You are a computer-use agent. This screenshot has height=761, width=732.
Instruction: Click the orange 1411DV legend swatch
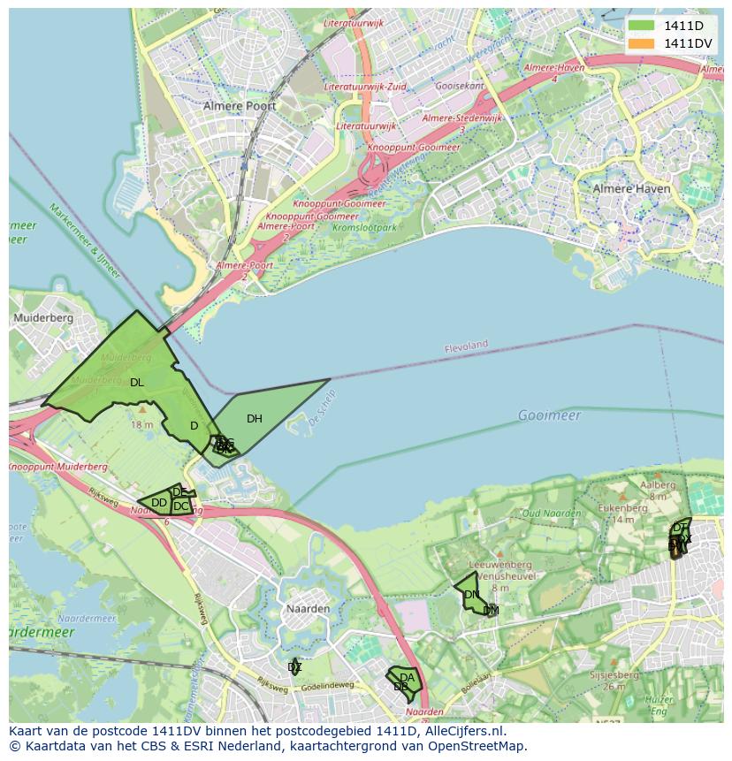[x=642, y=43]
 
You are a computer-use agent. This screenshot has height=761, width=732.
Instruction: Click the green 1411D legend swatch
[x=642, y=26]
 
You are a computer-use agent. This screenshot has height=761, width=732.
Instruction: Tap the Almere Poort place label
[x=240, y=106]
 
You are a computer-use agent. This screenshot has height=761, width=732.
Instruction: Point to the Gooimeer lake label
[x=549, y=415]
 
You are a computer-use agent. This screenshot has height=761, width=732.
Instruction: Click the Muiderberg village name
[x=42, y=317]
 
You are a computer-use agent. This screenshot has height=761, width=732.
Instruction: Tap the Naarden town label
[x=308, y=609]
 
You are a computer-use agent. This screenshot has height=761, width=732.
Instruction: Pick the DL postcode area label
[x=136, y=383]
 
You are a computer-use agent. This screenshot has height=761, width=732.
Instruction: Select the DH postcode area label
[x=255, y=419]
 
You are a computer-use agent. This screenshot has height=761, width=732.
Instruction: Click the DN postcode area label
[x=471, y=595]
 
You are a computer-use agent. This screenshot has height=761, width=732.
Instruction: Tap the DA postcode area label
[x=407, y=678]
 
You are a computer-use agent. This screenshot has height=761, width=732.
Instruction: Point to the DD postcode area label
[x=159, y=503]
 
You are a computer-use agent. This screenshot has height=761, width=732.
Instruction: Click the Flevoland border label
[x=466, y=346]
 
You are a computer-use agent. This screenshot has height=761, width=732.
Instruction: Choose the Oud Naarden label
[x=552, y=514]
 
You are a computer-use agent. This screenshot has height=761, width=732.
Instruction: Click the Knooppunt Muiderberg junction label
[x=58, y=466]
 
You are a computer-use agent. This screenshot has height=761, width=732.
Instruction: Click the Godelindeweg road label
[x=327, y=686]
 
